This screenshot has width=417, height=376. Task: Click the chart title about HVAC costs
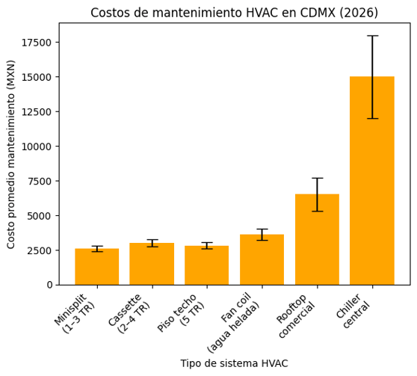pyautogui.click(x=234, y=13)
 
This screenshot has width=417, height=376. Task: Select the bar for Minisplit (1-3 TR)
pyautogui.click(x=96, y=267)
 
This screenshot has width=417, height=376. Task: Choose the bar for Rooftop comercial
pyautogui.click(x=317, y=239)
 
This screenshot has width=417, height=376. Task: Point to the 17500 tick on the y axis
pyautogui.click(x=37, y=43)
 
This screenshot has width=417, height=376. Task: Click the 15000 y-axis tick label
pyautogui.click(x=37, y=77)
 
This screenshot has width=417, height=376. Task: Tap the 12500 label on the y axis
pyautogui.click(x=37, y=112)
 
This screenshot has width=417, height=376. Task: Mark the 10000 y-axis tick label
pyautogui.click(x=37, y=147)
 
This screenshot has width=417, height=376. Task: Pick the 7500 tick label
pyautogui.click(x=40, y=181)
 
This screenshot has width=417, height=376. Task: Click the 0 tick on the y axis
pyautogui.click(x=49, y=285)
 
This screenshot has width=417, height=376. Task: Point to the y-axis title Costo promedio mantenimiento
pyautogui.click(x=11, y=154)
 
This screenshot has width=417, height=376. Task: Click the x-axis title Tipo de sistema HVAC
pyautogui.click(x=234, y=363)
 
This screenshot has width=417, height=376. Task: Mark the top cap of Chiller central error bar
pyautogui.click(x=372, y=36)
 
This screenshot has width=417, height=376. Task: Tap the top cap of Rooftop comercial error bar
pyautogui.click(x=317, y=178)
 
